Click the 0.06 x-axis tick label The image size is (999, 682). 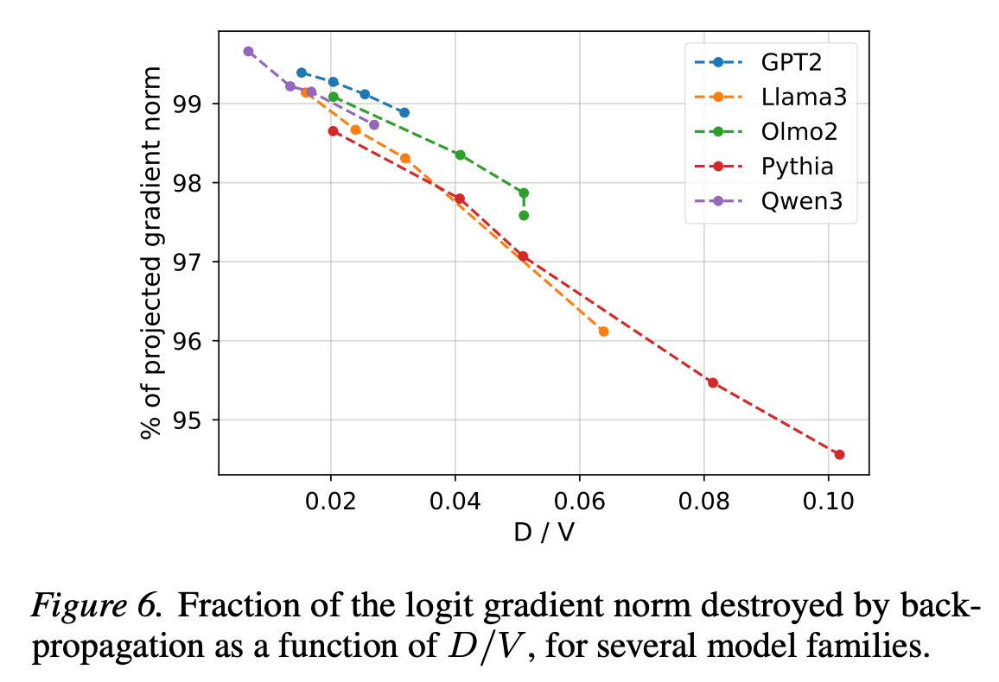point(579,502)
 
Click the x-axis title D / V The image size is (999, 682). point(544,534)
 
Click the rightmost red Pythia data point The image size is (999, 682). point(839,454)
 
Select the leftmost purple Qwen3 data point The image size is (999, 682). point(248,51)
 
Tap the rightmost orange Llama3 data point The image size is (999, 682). point(603,332)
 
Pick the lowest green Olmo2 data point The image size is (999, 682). point(523,215)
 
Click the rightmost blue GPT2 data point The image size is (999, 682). point(404,112)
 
